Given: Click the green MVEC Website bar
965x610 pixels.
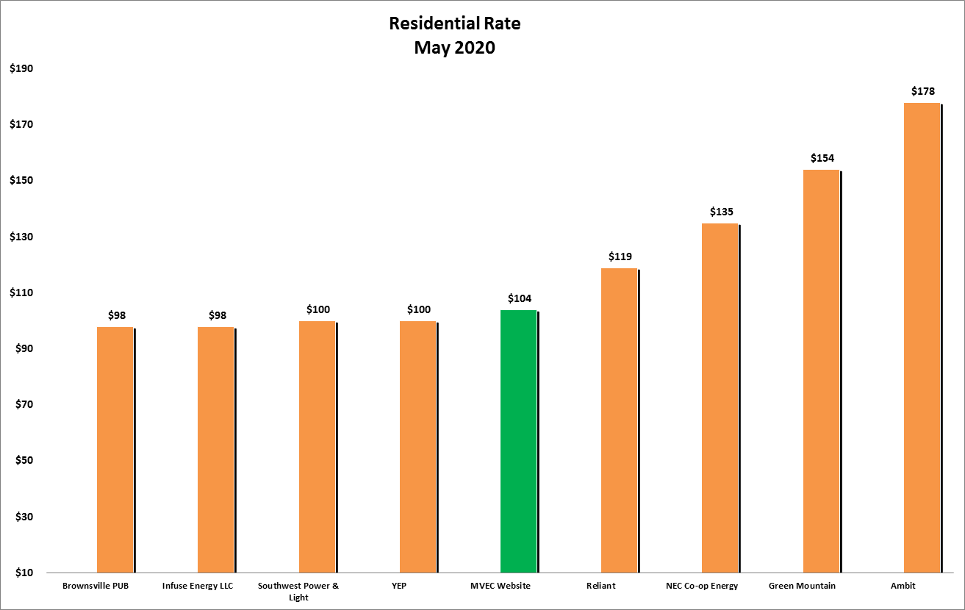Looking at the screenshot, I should [519, 441].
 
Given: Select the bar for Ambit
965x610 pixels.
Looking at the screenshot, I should [922, 338].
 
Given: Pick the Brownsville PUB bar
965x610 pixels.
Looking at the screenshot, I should [115, 450].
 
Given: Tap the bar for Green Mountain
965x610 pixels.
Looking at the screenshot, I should [822, 371].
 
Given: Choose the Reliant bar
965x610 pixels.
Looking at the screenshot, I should [620, 420].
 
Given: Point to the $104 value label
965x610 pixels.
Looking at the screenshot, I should [520, 299].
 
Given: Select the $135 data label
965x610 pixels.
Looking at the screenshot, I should [721, 212].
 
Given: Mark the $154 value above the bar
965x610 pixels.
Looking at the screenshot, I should [822, 158].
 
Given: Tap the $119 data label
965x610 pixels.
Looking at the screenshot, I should [620, 256].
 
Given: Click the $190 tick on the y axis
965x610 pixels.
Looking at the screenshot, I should [22, 68].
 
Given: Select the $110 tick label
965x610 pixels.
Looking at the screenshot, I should [22, 293].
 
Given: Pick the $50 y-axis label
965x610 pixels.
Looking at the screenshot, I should [22, 461].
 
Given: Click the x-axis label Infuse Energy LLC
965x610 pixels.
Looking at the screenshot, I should [197, 586].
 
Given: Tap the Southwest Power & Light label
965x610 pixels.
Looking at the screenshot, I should [298, 591].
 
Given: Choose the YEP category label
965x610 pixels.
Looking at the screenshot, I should [418, 586].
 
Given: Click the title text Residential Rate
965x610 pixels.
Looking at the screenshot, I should [454, 24].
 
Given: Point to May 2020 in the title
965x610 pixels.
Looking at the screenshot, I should [454, 49].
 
